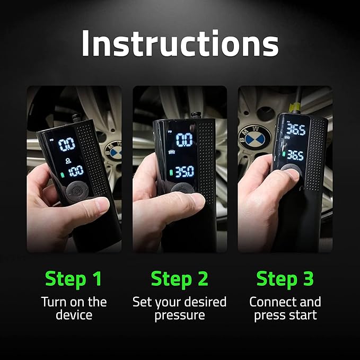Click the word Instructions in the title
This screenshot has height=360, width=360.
[x=180, y=44]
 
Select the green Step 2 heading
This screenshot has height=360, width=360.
[x=180, y=278]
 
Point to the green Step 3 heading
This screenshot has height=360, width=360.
[x=285, y=278]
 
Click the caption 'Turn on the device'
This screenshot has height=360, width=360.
[x=74, y=309]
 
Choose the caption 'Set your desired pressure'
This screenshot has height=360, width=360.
[x=180, y=309]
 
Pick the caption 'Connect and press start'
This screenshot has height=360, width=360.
[x=285, y=309]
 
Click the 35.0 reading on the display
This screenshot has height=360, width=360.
[x=185, y=173]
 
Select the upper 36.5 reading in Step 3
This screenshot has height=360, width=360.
[x=295, y=130]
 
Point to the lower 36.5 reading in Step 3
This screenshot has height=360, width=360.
[x=295, y=155]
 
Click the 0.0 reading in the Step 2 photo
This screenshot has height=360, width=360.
[x=184, y=140]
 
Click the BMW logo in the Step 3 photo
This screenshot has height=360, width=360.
[x=258, y=139]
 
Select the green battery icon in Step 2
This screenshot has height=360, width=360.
[x=171, y=173]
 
